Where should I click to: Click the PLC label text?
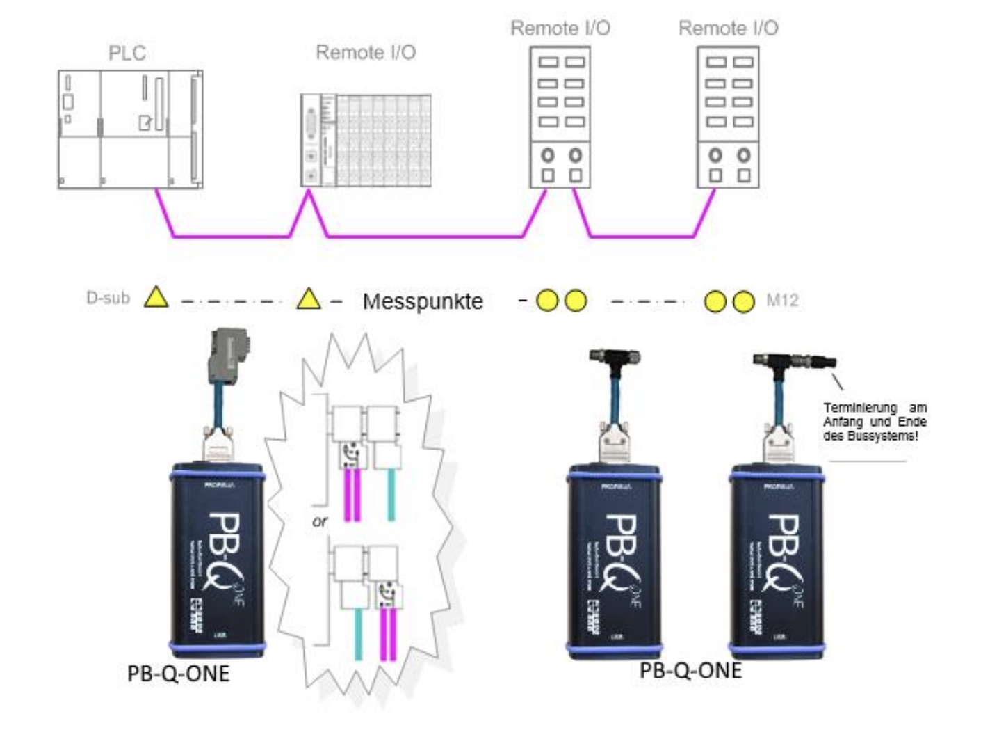(127, 54)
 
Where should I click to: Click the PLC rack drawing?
(130, 129)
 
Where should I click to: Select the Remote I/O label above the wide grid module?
(366, 53)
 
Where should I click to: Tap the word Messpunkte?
(423, 301)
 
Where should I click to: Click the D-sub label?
(108, 298)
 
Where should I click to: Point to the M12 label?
(782, 301)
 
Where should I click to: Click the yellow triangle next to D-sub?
(156, 298)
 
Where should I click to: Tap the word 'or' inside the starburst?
(320, 521)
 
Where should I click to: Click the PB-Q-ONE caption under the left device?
(179, 674)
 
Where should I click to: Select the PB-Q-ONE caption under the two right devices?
(690, 670)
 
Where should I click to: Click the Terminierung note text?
(875, 422)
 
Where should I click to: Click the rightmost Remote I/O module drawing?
(728, 117)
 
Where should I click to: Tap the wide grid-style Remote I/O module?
(366, 140)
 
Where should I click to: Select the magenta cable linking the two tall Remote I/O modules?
(640, 236)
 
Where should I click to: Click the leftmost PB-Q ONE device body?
(217, 560)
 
